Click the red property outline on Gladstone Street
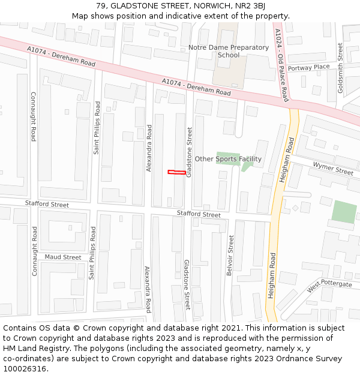(x=176, y=173)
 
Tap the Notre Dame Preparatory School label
(x=229, y=51)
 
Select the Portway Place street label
(x=308, y=68)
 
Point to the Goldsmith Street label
(x=341, y=68)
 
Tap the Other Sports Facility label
(x=228, y=159)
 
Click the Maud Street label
(x=62, y=257)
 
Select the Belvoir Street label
(x=230, y=256)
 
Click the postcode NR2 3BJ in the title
(x=252, y=6)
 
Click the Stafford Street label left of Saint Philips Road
(x=47, y=204)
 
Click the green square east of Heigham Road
(x=344, y=212)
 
